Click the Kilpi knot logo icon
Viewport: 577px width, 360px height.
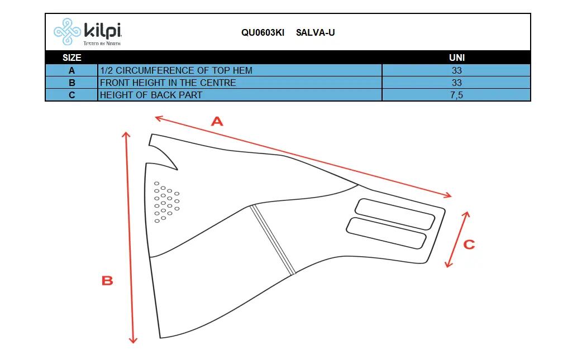(67, 32)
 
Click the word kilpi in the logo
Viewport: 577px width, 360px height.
(103, 30)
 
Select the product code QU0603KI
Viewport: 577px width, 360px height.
(263, 33)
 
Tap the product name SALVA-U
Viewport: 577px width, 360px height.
(316, 33)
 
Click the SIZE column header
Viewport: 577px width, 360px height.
(71, 57)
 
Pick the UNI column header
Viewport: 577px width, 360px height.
(457, 57)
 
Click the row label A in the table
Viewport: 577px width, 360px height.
(71, 70)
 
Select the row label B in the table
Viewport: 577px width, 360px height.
(71, 83)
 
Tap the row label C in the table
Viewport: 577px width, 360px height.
(71, 95)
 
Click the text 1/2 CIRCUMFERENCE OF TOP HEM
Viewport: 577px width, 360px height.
(177, 70)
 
